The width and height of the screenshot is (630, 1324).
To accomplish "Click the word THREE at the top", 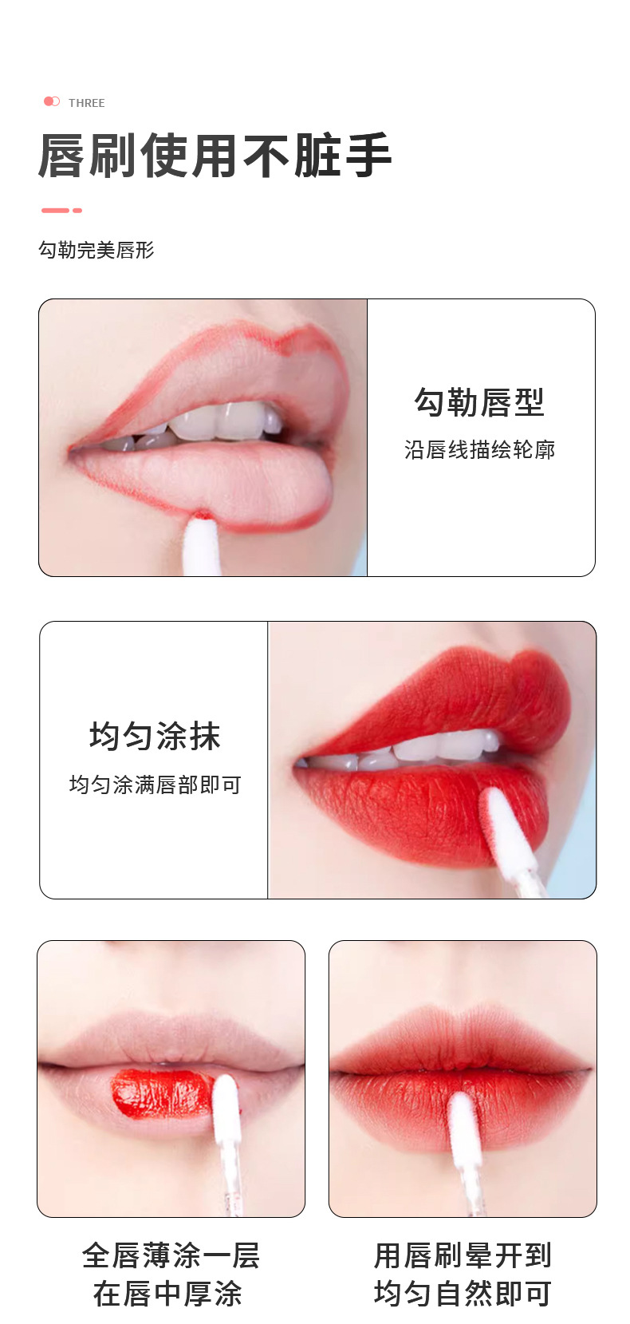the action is pyautogui.click(x=86, y=103).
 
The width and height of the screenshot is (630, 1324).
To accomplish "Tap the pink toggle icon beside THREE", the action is pyautogui.click(x=52, y=101).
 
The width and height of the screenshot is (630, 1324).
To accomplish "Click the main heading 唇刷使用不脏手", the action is pyautogui.click(x=215, y=156).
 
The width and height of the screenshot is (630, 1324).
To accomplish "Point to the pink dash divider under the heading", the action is pyautogui.click(x=61, y=211).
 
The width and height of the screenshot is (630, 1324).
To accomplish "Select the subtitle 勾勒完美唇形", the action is pyautogui.click(x=96, y=250).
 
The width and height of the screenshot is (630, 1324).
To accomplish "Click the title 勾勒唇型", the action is pyautogui.click(x=478, y=402).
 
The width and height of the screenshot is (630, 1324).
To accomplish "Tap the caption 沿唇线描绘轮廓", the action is pyautogui.click(x=479, y=450).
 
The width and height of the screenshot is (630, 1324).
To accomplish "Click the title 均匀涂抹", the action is pyautogui.click(x=155, y=736).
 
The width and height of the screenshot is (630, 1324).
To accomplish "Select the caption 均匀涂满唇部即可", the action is pyautogui.click(x=156, y=785).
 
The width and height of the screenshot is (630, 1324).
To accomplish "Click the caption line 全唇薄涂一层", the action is pyautogui.click(x=171, y=1255).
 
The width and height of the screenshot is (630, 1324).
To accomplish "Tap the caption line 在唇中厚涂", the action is pyautogui.click(x=167, y=1294).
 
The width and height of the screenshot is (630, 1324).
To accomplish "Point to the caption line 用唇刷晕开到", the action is pyautogui.click(x=463, y=1255).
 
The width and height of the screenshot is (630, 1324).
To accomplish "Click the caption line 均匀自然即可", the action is pyautogui.click(x=463, y=1294).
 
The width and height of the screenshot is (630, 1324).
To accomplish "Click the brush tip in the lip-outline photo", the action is pyautogui.click(x=201, y=542).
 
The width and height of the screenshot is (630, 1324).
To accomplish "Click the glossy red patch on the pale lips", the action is pyautogui.click(x=163, y=1093).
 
